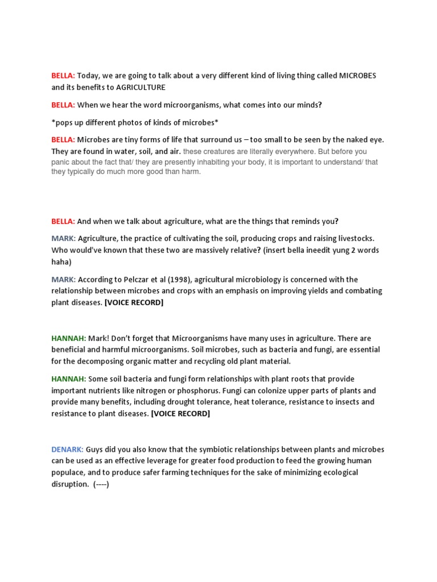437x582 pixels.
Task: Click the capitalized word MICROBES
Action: pyautogui.click(x=358, y=76)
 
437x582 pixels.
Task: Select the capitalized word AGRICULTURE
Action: pyautogui.click(x=141, y=87)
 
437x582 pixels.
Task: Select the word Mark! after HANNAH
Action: pyautogui.click(x=100, y=338)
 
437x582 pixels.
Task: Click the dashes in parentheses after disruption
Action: pyautogui.click(x=101, y=484)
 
